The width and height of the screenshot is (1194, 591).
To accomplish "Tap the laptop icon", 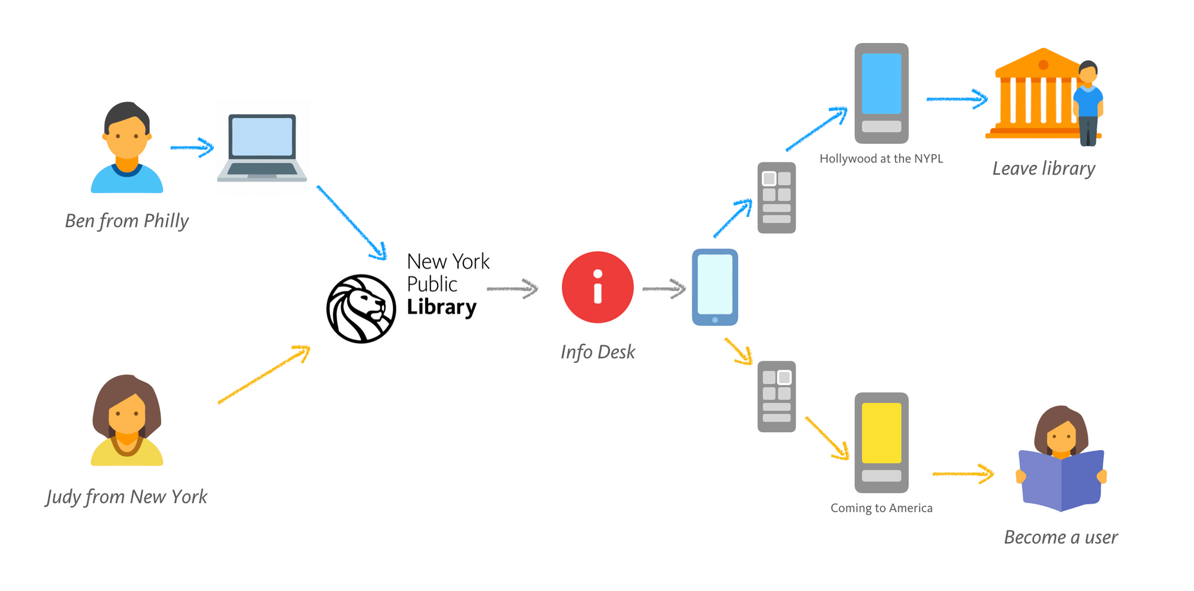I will tap(262, 147).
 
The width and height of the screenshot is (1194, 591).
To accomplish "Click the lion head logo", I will tap(361, 309).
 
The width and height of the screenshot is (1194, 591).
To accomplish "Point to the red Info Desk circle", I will tap(597, 287).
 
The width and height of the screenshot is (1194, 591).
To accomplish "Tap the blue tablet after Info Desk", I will tap(715, 287).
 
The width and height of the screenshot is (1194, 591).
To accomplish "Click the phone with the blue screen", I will tap(881, 93).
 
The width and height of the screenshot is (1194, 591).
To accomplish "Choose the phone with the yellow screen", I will tap(881, 442).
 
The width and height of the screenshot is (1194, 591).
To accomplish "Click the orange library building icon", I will tap(1036, 96).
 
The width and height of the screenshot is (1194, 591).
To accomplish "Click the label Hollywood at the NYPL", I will tap(881, 159).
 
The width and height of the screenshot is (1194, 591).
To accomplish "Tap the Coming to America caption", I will tap(881, 508).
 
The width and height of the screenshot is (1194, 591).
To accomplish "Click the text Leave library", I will tap(1044, 169).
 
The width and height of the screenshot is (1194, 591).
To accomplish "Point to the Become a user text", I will tap(1061, 537).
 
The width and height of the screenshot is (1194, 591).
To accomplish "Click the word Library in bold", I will tap(442, 307).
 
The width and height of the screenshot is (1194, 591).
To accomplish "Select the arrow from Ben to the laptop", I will tap(192, 147).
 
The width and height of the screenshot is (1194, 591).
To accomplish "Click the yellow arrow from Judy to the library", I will tap(264, 374).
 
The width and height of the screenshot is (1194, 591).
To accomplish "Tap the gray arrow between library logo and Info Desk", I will tap(512, 289).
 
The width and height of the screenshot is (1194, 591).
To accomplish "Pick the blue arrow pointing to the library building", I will tap(957, 99).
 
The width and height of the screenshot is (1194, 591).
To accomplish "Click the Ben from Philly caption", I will tap(127, 221).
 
